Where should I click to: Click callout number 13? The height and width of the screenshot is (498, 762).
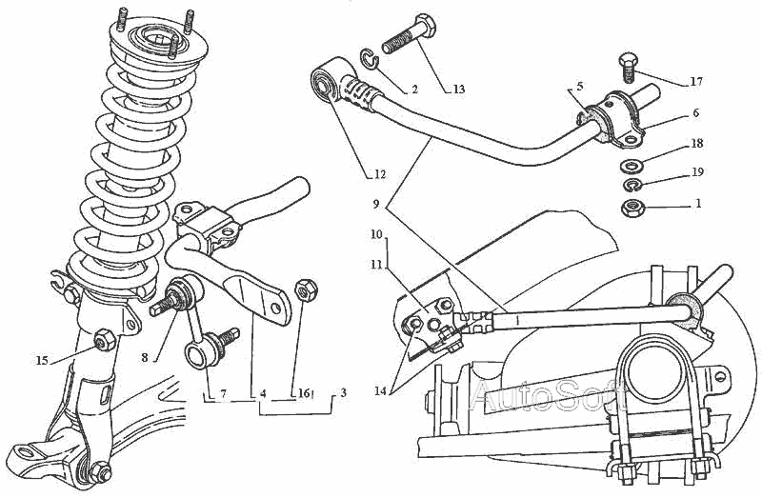pyautogui.click(x=459, y=90)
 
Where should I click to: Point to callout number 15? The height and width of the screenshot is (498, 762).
pyautogui.click(x=43, y=360)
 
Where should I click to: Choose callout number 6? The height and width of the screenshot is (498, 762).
pyautogui.click(x=695, y=112)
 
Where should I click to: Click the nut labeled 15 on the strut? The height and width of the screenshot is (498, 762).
pyautogui.click(x=105, y=337)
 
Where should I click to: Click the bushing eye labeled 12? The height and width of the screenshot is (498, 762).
pyautogui.click(x=330, y=84)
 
